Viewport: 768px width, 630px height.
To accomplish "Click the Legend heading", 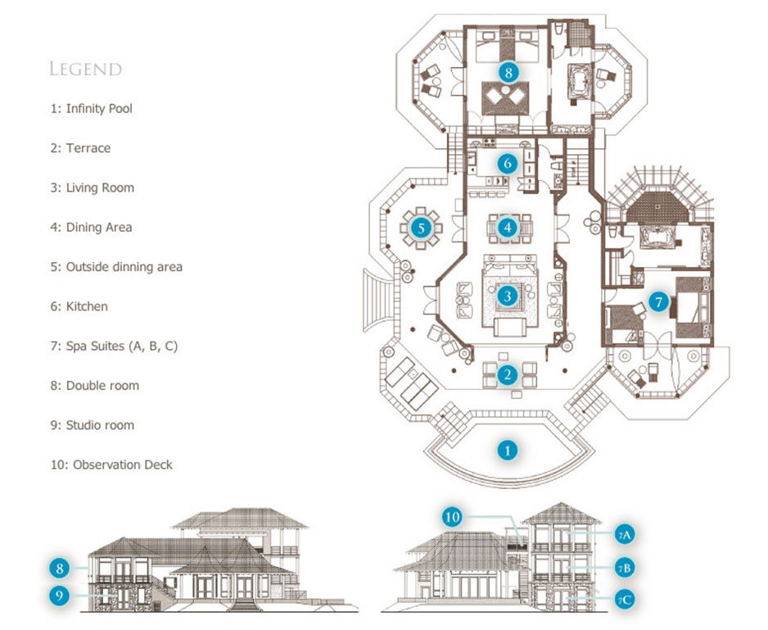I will tap(85, 69).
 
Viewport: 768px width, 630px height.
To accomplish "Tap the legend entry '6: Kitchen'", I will tap(79, 306).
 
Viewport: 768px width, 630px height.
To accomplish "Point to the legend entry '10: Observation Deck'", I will tap(111, 465).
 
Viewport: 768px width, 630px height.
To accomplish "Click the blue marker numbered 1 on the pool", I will tap(508, 449).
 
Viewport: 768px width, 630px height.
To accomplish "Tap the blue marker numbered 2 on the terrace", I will tap(508, 375).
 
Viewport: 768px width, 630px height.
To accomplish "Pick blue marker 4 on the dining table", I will tap(508, 226).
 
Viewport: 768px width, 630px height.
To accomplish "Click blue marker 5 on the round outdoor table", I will tap(421, 227).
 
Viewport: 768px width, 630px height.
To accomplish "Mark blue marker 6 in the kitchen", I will tap(508, 163).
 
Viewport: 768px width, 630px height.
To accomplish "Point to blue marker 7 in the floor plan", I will tap(657, 301).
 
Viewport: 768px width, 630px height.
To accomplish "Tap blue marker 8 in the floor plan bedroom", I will tap(509, 72).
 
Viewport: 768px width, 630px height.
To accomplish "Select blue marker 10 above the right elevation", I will tap(453, 517).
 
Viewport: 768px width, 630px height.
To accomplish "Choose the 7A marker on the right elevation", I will tap(623, 535).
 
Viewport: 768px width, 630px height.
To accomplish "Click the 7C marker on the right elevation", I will tap(623, 601).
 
